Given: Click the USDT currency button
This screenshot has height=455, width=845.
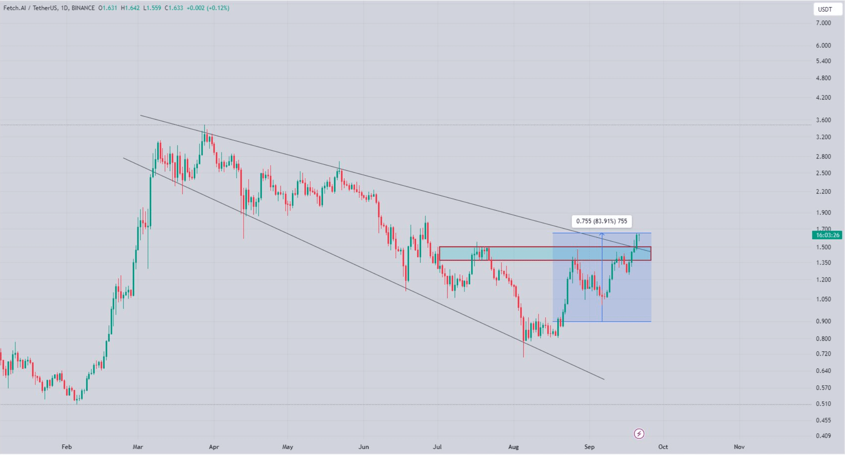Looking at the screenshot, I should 825,9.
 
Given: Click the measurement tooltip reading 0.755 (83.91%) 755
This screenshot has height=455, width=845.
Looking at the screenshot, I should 601,221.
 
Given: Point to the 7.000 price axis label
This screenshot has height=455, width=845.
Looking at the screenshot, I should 823,23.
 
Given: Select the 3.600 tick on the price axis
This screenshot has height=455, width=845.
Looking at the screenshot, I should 823,120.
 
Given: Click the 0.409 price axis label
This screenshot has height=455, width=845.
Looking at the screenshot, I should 823,436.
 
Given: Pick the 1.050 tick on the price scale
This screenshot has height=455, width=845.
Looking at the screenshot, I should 823,299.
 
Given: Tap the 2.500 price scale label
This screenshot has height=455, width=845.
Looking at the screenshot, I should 823,173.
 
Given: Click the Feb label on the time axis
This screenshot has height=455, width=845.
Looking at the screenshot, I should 67,447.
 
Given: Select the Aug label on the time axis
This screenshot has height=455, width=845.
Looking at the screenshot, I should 514,447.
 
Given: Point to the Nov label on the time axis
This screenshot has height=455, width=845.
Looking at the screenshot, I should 739,447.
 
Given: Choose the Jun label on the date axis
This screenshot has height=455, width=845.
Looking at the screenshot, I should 364,447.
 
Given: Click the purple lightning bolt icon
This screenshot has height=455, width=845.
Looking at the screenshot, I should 639,434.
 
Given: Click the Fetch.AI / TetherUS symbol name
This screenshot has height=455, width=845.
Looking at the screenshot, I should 30,8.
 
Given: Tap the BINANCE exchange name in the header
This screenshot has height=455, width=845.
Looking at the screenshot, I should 83,8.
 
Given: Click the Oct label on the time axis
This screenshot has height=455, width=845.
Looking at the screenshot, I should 663,447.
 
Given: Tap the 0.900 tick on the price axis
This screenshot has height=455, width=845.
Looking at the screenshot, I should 823,321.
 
